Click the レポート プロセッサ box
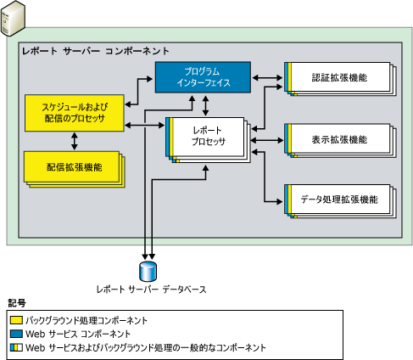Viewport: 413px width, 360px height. point(209,137)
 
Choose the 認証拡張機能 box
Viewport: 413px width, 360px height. point(339,78)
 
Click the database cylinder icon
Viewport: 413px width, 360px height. point(149,271)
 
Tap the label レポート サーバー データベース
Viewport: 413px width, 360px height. point(150,290)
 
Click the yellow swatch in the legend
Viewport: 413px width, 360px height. point(16,320)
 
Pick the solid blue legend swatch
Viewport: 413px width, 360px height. point(16,334)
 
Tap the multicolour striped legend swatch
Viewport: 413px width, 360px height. point(16,347)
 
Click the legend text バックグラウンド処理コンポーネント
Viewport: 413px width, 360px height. point(87,320)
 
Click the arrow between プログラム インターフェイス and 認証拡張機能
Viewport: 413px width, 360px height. point(270,79)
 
